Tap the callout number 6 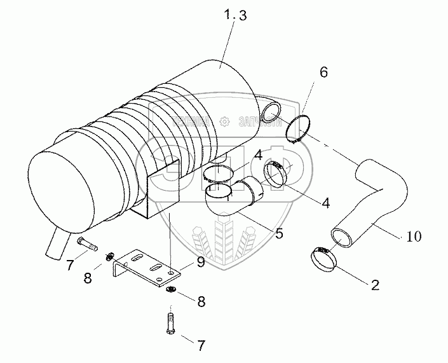323,72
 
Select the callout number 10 412,236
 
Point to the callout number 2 375,285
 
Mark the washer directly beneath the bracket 171,291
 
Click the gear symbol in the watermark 224,121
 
